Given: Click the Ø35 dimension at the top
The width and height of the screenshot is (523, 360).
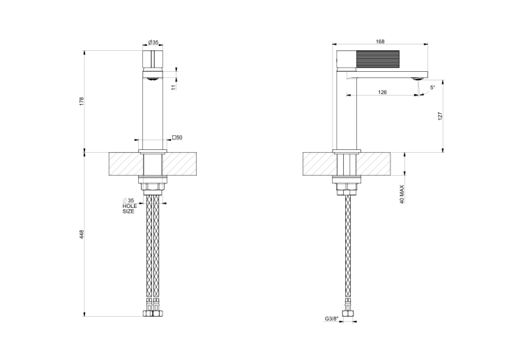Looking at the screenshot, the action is click(153, 43).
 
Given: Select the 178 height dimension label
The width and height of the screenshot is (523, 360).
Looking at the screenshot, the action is click(82, 101).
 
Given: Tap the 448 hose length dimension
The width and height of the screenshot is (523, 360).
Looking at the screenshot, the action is click(82, 234).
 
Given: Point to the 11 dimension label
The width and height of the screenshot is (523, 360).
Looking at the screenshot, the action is click(173, 87).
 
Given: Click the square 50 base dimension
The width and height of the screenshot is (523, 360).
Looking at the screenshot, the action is click(177, 137).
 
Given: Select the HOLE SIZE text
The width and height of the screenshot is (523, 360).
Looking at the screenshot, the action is click(130, 209).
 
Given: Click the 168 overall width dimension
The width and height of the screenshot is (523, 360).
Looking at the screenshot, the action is click(380, 41).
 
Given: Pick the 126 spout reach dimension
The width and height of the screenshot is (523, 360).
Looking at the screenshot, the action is click(382, 92).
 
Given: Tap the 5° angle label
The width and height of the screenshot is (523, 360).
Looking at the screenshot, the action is click(432, 87).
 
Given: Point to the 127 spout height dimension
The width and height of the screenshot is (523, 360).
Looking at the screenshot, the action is click(440, 116).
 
